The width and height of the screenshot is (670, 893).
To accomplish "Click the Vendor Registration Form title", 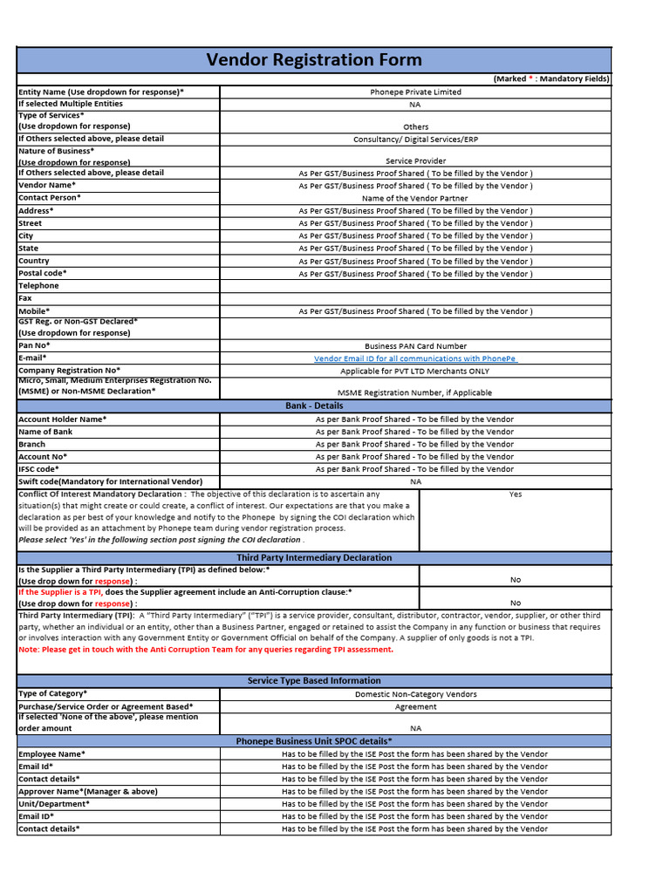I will click(x=314, y=60).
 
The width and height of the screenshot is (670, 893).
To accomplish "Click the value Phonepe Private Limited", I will click(x=415, y=92).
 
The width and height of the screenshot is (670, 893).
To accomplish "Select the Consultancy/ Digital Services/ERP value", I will click(x=415, y=140).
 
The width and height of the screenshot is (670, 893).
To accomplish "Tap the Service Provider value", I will click(x=415, y=161).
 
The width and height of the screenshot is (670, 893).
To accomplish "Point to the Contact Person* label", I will click(x=50, y=198).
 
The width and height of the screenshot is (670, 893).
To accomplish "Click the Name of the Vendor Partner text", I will click(x=415, y=198).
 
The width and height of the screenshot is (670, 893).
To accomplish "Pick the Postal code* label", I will click(x=43, y=273).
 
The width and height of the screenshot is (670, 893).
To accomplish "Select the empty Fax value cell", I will click(x=415, y=298).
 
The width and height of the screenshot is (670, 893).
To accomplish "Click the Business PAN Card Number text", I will click(x=415, y=346).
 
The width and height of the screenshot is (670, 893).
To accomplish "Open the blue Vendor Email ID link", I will click(x=415, y=358).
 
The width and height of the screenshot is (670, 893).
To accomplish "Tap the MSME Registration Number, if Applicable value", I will click(x=415, y=392).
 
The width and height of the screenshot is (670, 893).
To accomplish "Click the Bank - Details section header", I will click(x=314, y=406).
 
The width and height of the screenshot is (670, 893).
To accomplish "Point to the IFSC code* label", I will click(x=39, y=469).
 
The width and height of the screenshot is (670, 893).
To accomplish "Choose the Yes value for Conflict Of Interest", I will click(x=516, y=494).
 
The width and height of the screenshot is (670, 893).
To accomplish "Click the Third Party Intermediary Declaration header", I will click(x=314, y=558).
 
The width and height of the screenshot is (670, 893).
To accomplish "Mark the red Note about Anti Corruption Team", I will click(x=206, y=649).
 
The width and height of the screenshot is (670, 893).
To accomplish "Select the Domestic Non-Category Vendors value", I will click(x=415, y=694).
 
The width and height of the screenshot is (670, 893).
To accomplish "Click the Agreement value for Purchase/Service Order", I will click(x=415, y=707).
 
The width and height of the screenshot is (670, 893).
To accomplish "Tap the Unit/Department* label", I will click(x=54, y=804).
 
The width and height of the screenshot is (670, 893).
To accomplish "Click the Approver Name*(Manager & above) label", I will click(x=88, y=792).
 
